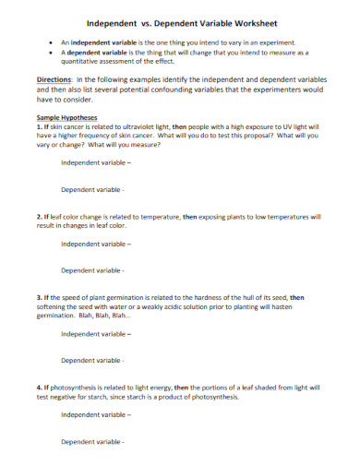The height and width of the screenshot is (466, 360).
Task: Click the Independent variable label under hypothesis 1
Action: pyautogui.click(x=96, y=161)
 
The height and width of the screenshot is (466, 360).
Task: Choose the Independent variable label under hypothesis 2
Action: pyautogui.click(x=96, y=244)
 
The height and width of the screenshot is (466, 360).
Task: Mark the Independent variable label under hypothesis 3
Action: pyautogui.click(x=96, y=333)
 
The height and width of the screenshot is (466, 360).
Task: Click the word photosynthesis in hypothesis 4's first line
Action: pyautogui.click(x=78, y=388)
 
